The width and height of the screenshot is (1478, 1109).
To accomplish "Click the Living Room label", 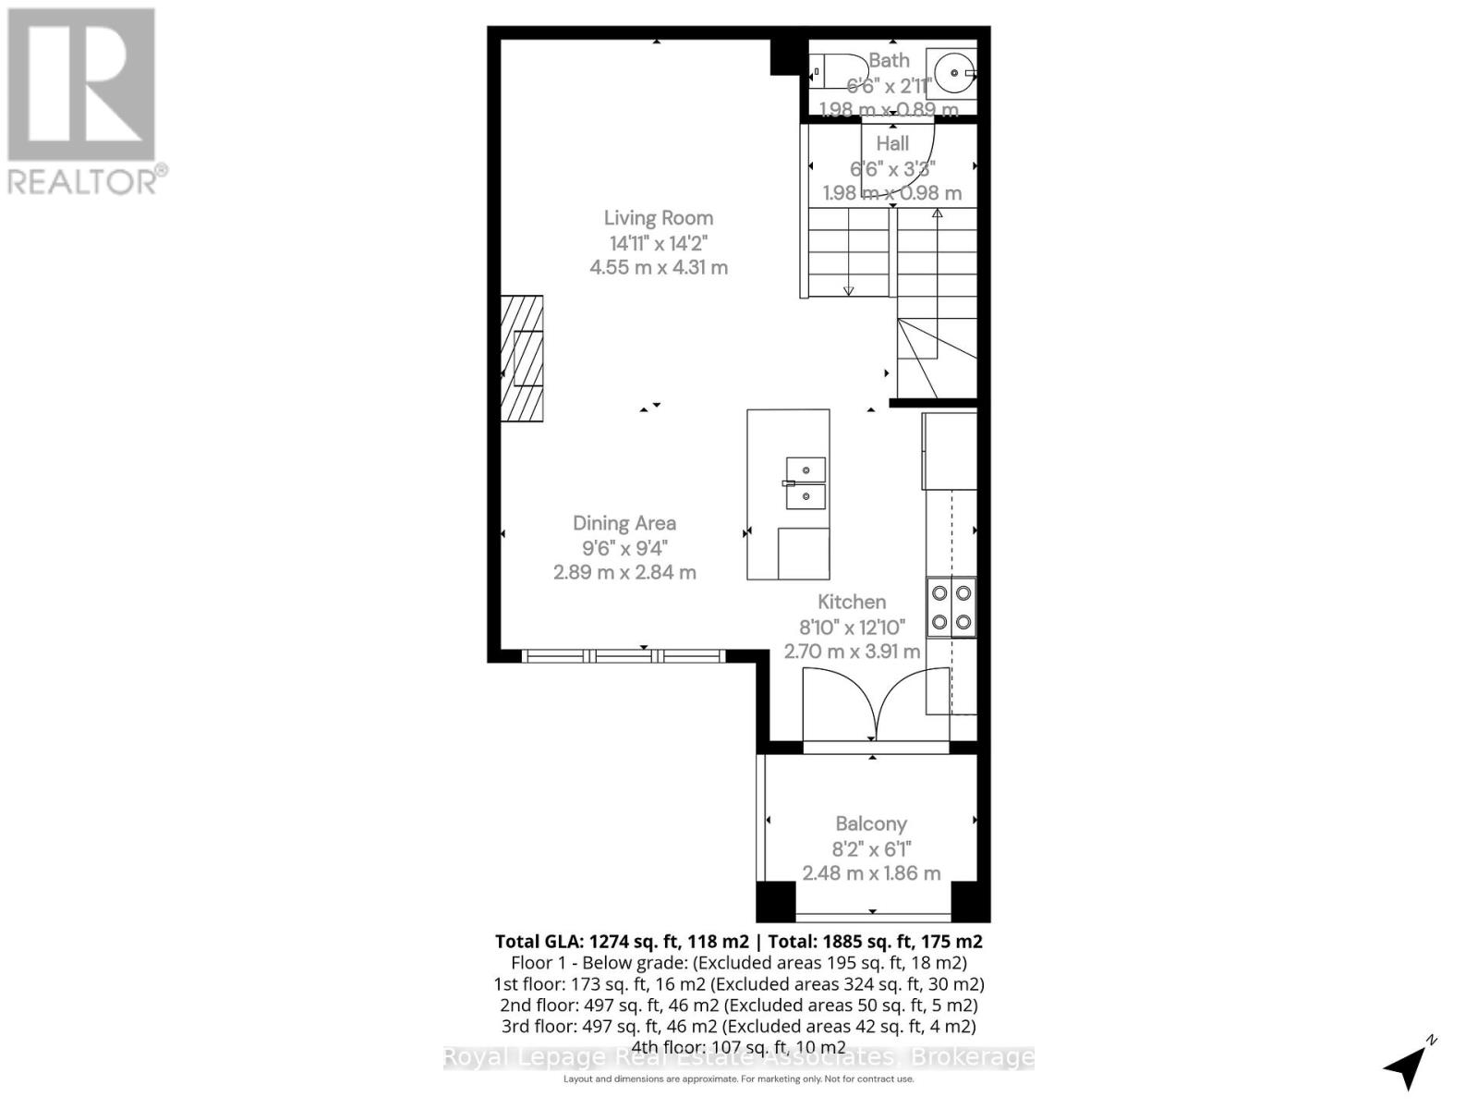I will pyautogui.click(x=659, y=218).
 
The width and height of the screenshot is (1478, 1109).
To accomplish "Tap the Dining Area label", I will pyautogui.click(x=624, y=523).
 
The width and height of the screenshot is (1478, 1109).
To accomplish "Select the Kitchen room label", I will pyautogui.click(x=852, y=602).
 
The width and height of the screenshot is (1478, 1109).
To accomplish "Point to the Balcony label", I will pyautogui.click(x=871, y=823).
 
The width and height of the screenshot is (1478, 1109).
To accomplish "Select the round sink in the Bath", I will pyautogui.click(x=952, y=70).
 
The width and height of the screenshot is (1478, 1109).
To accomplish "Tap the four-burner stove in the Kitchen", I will pyautogui.click(x=951, y=607).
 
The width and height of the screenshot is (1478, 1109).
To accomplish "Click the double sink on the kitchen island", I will pyautogui.click(x=806, y=483).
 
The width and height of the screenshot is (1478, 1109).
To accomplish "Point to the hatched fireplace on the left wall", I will pyautogui.click(x=523, y=359).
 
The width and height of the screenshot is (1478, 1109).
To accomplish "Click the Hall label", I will pyautogui.click(x=892, y=143).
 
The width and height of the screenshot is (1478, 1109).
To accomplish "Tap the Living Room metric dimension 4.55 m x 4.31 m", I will pyautogui.click(x=659, y=268).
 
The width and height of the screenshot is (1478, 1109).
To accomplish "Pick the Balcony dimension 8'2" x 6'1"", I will pyautogui.click(x=871, y=848).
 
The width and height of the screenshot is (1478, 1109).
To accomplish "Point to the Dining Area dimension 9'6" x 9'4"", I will pyautogui.click(x=624, y=548).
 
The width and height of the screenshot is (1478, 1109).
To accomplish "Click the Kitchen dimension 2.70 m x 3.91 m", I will pyautogui.click(x=852, y=652).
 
